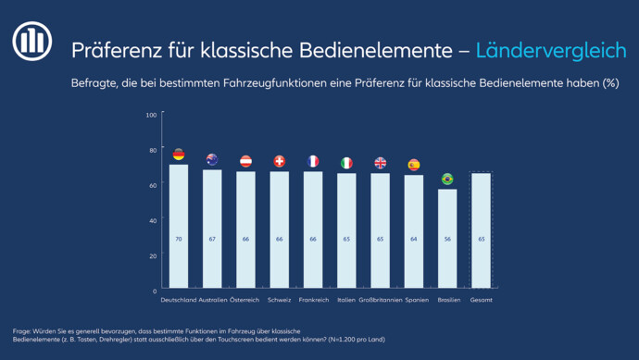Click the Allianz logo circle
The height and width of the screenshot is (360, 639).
coord(32,41)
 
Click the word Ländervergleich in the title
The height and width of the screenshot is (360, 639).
coord(551,51)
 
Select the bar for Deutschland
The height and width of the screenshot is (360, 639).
coord(179,226)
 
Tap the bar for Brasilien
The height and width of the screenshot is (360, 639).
coord(447,238)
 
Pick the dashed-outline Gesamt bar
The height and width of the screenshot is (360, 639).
coord(482,230)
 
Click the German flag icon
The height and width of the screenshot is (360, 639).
coord(179,155)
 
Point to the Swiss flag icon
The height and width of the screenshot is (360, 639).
coord(279,161)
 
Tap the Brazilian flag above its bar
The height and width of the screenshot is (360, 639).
coord(447,179)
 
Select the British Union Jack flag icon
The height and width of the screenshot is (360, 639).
coord(381,163)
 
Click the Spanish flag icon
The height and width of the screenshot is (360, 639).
coord(414,165)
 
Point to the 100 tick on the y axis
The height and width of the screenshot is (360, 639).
coord(151,115)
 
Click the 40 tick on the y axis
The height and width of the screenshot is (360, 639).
coord(153,220)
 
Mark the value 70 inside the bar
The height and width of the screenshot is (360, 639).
coord(179,239)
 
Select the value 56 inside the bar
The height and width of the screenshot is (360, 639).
coord(447,239)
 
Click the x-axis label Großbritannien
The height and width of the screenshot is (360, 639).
coord(381,300)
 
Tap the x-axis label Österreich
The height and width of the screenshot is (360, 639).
coord(244,300)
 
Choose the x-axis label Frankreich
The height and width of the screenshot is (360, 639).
coord(314,300)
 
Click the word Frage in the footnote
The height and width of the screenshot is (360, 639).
coord(21,331)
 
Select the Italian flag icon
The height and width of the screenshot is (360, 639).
coord(346,163)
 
